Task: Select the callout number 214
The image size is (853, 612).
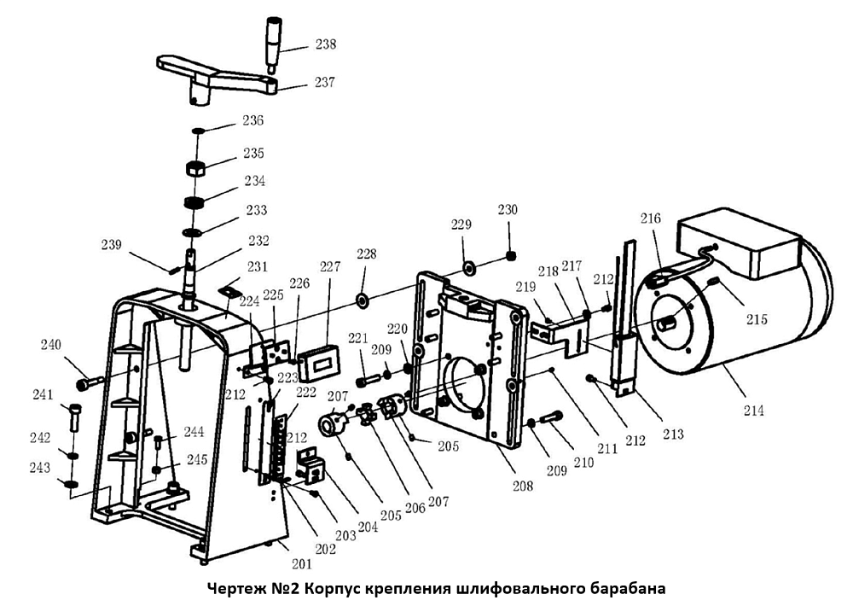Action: tap(752, 411)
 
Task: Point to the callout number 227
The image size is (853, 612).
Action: tap(328, 265)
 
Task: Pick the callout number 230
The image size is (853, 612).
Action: tap(508, 210)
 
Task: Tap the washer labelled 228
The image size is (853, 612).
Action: tap(362, 300)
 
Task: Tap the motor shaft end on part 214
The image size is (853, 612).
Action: tap(668, 322)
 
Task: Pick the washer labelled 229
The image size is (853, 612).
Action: tap(469, 269)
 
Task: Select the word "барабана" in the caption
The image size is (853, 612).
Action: tap(627, 589)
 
